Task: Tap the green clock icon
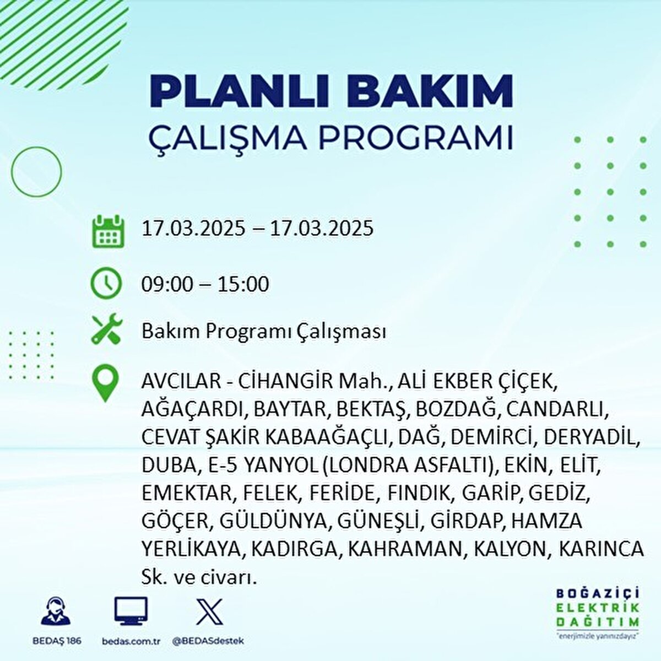[106, 283]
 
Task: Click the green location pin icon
[105, 383]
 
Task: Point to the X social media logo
[209, 611]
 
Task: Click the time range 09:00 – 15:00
[205, 284]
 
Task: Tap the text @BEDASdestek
[208, 641]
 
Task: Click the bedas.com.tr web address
[131, 641]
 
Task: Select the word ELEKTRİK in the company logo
[598, 608]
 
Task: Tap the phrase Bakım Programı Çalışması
[264, 332]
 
